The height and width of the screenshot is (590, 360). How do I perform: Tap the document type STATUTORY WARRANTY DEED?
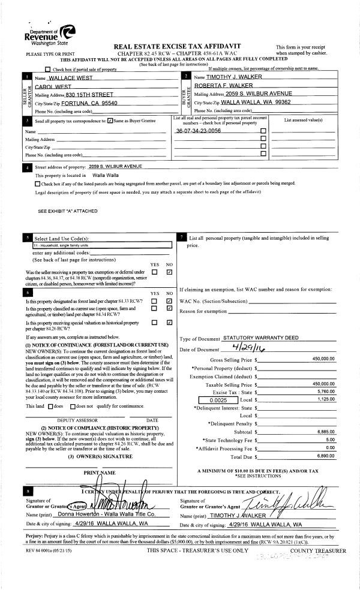[x=260, y=338]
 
